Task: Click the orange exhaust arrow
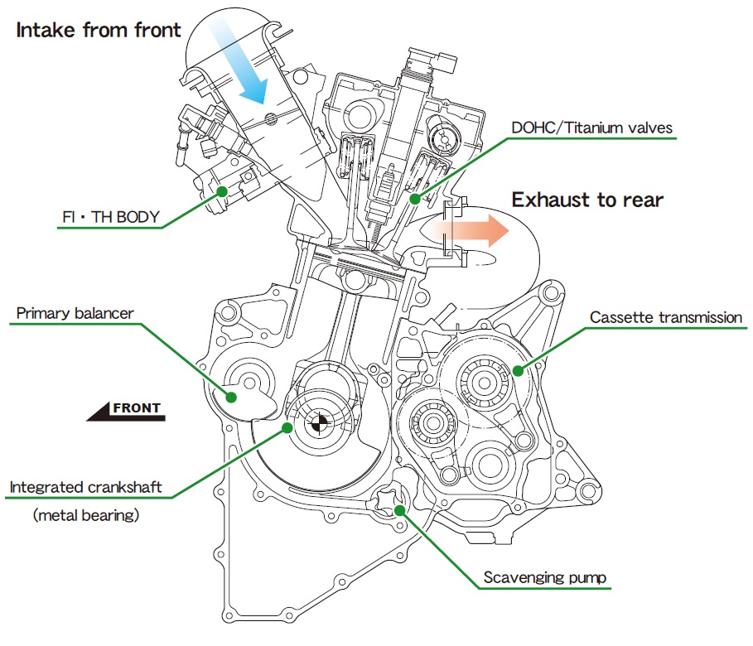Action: coord(468,231)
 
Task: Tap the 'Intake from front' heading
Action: coord(98,31)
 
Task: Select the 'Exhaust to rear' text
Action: coord(586,200)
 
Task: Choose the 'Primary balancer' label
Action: coord(75,313)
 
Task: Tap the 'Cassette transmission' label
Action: coord(666,317)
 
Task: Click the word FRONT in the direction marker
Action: coord(136,408)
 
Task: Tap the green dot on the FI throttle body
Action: coord(221,191)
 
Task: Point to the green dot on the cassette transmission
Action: coord(518,370)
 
